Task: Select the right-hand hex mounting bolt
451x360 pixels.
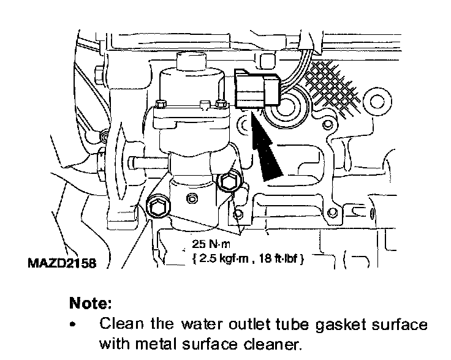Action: [x=229, y=182]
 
